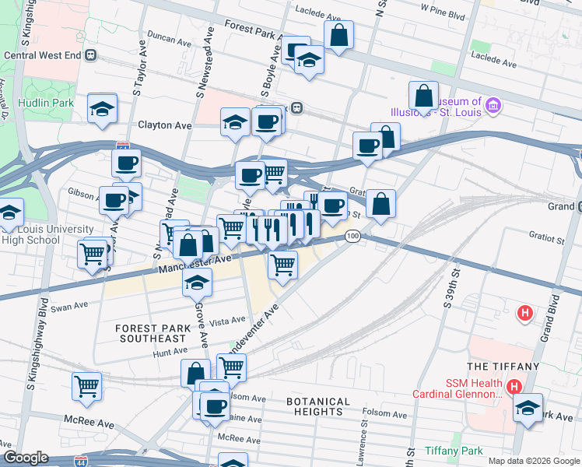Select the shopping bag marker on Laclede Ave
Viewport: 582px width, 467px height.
pos(338,36)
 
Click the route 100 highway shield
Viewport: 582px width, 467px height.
pos(352,236)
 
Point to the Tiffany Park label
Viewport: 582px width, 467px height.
pos(454,451)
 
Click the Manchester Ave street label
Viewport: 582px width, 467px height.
pos(195,264)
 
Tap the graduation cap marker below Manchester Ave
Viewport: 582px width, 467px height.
pos(198,283)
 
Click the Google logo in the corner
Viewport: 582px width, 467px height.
pos(26,458)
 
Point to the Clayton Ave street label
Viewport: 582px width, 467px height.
pos(164,125)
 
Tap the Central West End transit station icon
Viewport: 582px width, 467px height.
pos(91,55)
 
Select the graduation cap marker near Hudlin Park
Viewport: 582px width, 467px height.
pos(102,109)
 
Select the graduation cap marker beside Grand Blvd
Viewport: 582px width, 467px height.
pos(528,409)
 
